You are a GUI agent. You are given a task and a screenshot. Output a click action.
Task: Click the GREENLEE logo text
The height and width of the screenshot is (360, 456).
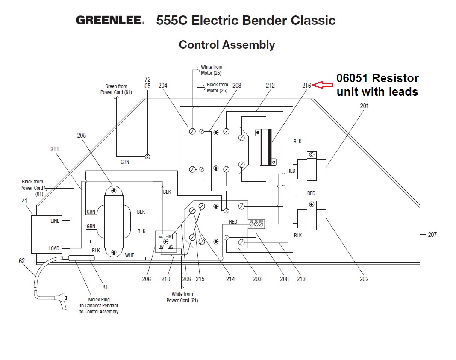click(110, 21)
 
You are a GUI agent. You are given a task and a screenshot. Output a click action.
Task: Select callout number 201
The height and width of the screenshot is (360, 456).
click(364, 106)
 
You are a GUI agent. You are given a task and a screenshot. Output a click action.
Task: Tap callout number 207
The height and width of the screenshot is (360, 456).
click(432, 234)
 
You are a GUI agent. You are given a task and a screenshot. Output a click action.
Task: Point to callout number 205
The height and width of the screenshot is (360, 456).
click(82, 136)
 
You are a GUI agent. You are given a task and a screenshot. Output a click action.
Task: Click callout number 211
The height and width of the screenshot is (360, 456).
click(54, 149)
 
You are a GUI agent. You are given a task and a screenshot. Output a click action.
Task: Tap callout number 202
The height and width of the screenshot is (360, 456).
click(364, 279)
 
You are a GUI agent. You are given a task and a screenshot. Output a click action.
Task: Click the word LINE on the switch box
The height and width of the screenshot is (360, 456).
click(55, 221)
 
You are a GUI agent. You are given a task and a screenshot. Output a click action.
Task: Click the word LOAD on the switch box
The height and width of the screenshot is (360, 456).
click(54, 248)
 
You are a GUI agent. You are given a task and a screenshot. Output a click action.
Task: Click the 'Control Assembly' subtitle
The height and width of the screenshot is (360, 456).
click(227, 45)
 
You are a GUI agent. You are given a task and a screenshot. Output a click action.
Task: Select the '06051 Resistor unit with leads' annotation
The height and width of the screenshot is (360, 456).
click(377, 85)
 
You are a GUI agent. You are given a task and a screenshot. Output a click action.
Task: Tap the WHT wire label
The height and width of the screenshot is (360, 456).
click(129, 255)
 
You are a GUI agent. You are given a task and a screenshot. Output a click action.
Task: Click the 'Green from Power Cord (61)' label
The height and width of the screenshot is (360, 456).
click(116, 89)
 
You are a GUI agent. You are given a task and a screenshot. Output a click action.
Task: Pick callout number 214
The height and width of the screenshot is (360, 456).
click(230, 279)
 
